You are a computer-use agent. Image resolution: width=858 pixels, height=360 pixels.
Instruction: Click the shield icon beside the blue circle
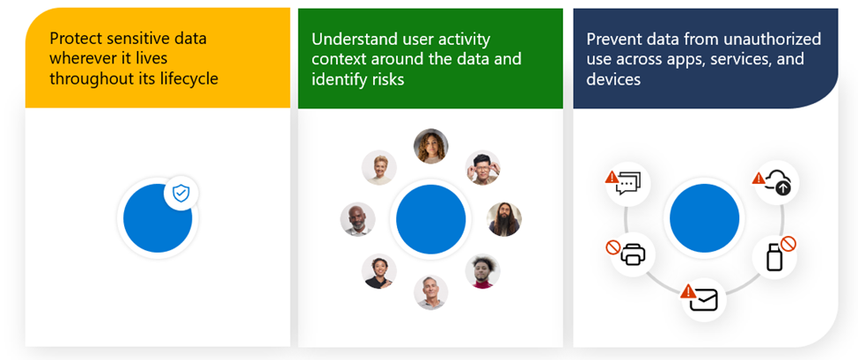(180, 194)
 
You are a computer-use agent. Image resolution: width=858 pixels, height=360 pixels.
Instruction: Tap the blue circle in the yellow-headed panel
(158, 218)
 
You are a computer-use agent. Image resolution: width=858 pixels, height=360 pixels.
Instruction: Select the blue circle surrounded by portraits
(430, 219)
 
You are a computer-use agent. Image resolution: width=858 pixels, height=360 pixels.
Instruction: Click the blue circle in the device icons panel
(704, 218)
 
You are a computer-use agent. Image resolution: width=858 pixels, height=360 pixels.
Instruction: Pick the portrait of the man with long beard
(504, 219)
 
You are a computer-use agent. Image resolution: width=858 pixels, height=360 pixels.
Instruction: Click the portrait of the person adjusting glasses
(482, 167)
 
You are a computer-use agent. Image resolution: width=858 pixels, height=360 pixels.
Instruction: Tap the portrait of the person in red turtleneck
(482, 271)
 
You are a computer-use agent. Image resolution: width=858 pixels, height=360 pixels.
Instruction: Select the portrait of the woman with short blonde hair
(379, 167)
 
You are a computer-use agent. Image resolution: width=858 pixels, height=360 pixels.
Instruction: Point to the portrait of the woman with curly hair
(430, 146)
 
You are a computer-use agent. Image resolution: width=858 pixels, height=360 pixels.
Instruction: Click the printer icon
(634, 255)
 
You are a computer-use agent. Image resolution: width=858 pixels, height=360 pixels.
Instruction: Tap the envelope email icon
(704, 301)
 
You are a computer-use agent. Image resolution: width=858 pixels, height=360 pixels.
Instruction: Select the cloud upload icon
(778, 183)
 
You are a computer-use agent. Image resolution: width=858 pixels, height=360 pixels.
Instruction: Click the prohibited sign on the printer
(613, 247)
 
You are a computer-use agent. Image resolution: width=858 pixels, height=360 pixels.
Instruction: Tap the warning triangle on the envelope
(688, 290)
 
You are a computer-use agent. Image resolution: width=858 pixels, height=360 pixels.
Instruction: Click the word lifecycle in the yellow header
(187, 79)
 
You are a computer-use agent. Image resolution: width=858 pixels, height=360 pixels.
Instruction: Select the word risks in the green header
(389, 79)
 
